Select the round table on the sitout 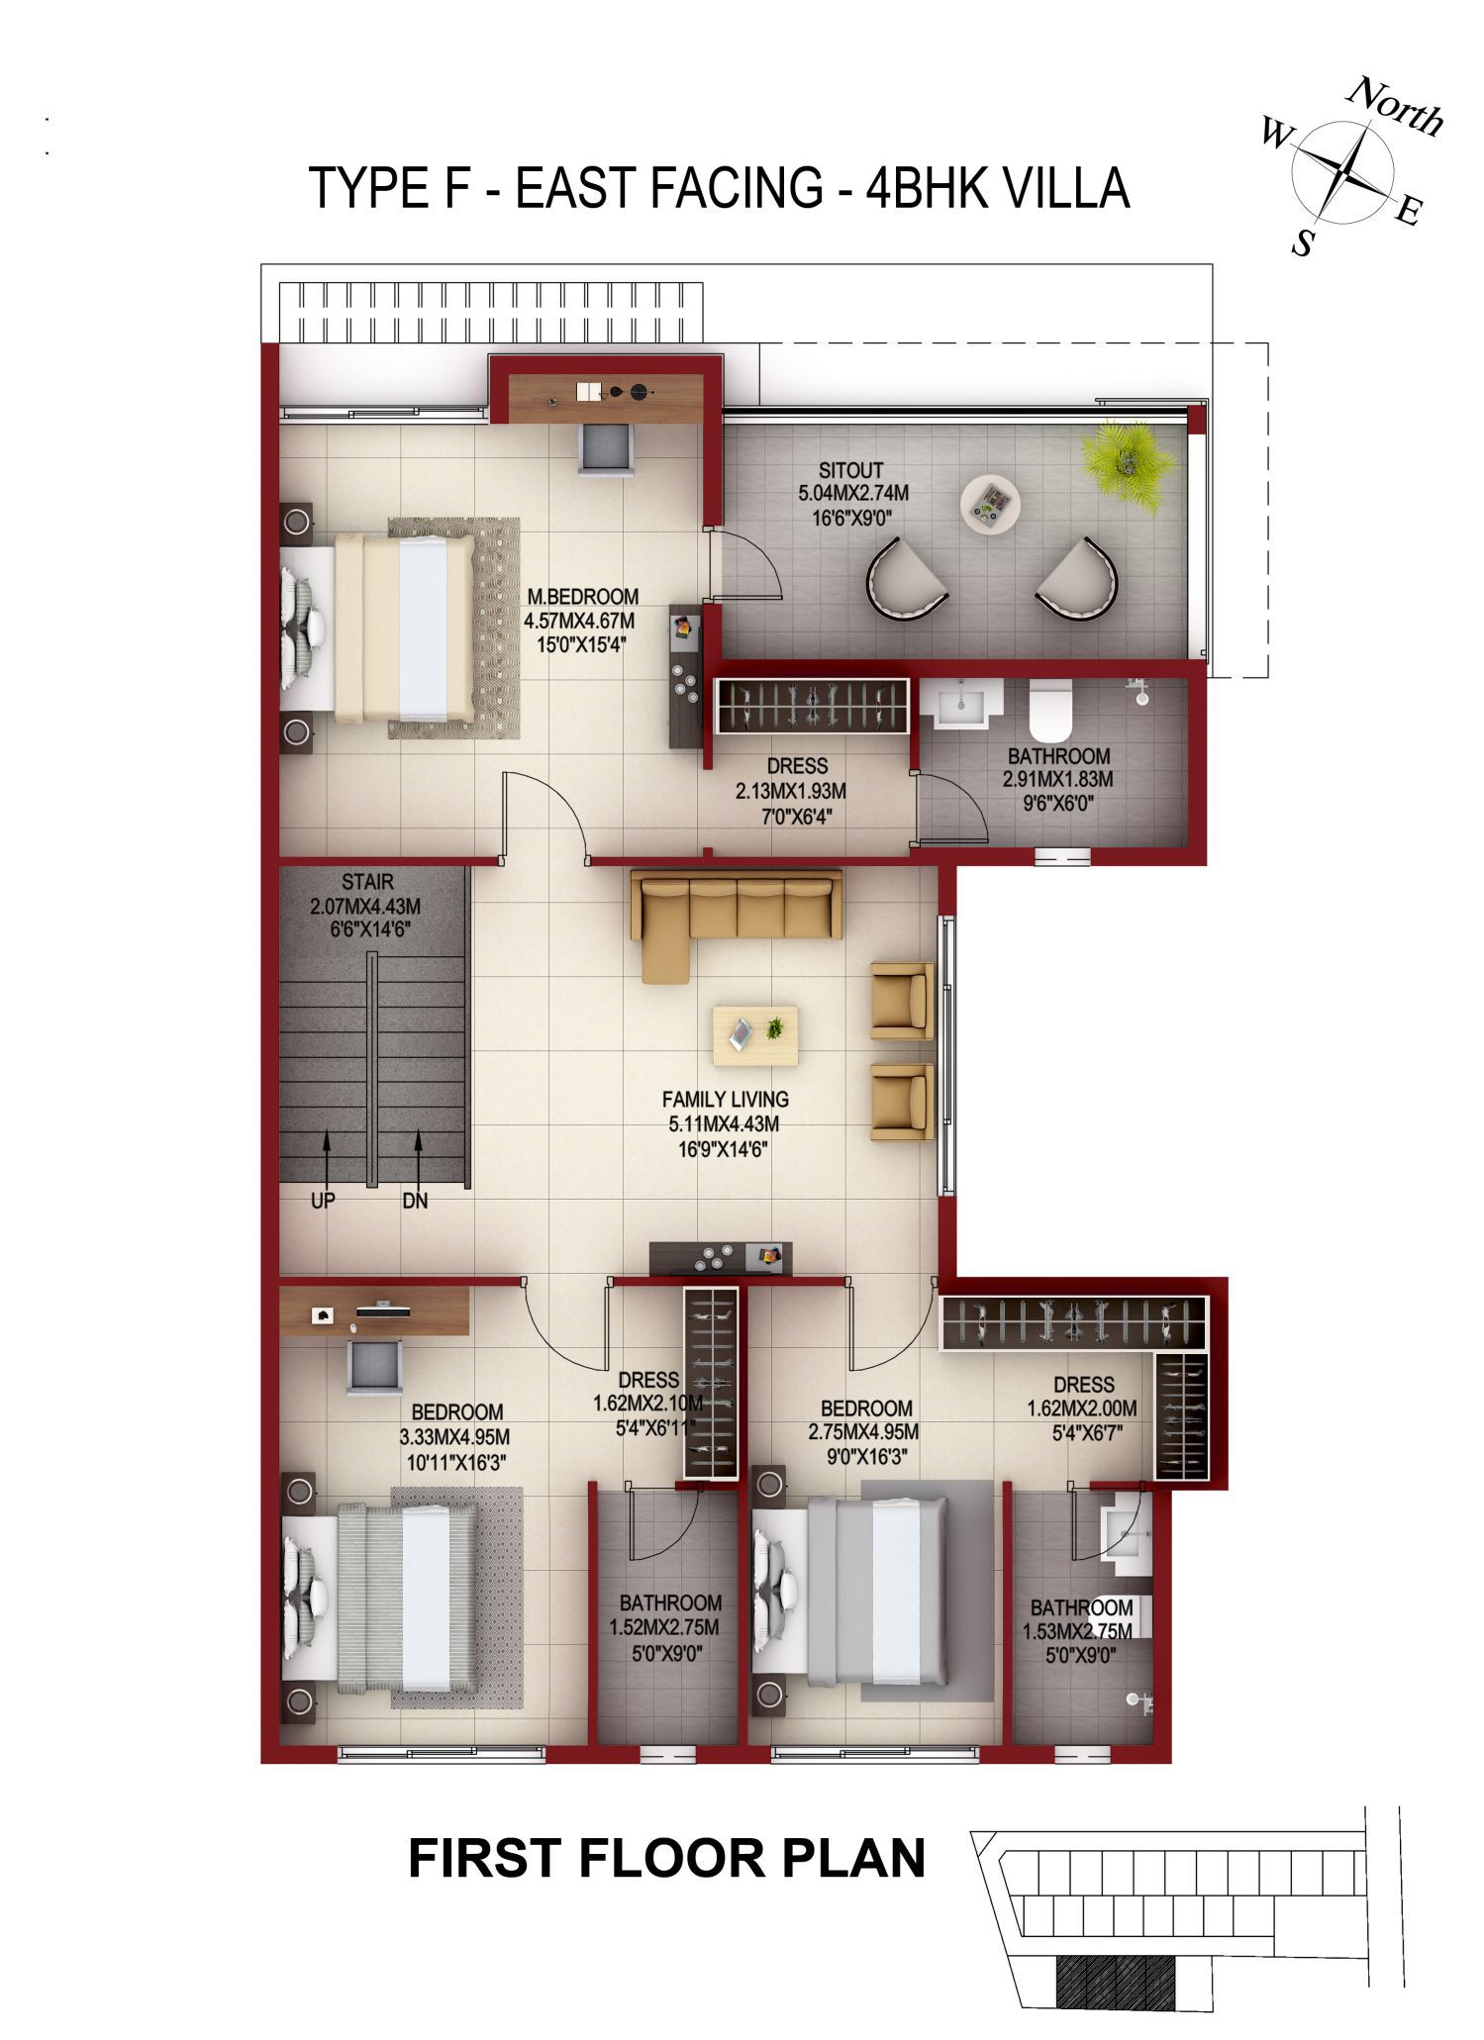pyautogui.click(x=990, y=505)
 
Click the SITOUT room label pyautogui.click(x=851, y=470)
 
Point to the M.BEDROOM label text pyautogui.click(x=582, y=597)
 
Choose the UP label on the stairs pyautogui.click(x=323, y=1201)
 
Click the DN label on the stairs pyautogui.click(x=415, y=1201)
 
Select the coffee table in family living pyautogui.click(x=755, y=1036)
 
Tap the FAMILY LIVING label pyautogui.click(x=726, y=1099)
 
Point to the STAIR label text pyautogui.click(x=367, y=881)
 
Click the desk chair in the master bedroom pyautogui.click(x=606, y=450)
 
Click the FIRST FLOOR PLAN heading pyautogui.click(x=667, y=1858)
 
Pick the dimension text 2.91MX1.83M pyautogui.click(x=1057, y=779)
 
